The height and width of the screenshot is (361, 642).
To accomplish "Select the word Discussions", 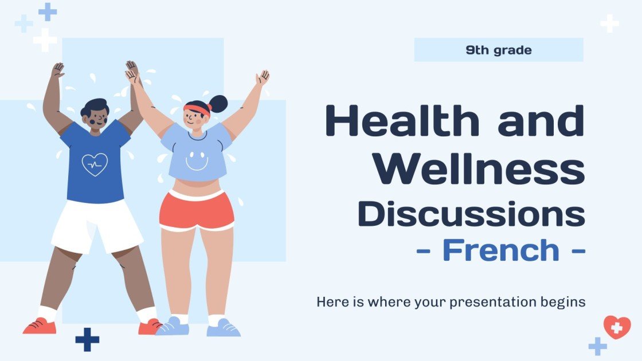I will click(471, 213).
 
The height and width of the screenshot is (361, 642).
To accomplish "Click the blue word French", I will click(500, 250).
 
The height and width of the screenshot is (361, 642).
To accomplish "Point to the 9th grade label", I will click(498, 50).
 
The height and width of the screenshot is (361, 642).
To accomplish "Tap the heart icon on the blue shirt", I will click(95, 164).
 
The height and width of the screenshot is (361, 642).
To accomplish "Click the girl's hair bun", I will click(218, 104).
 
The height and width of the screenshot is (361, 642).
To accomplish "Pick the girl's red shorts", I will click(197, 210).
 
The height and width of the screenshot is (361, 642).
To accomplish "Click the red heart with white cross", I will click(617, 327).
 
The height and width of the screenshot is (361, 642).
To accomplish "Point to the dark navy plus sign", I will click(87, 339).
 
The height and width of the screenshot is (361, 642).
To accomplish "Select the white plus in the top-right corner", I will click(609, 23).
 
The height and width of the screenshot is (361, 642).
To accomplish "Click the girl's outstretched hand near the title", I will click(263, 77).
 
